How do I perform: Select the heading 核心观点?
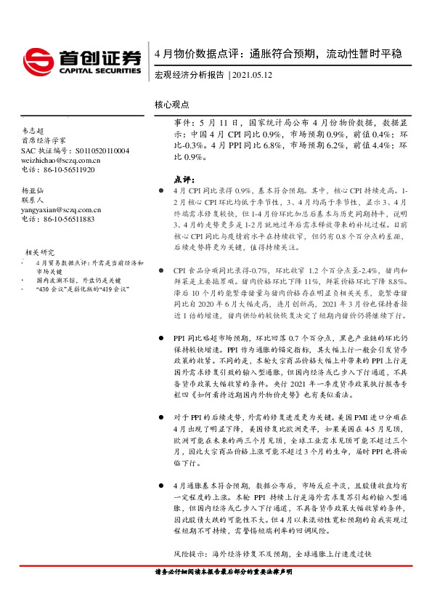click(172, 104)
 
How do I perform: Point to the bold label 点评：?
click(184, 179)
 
